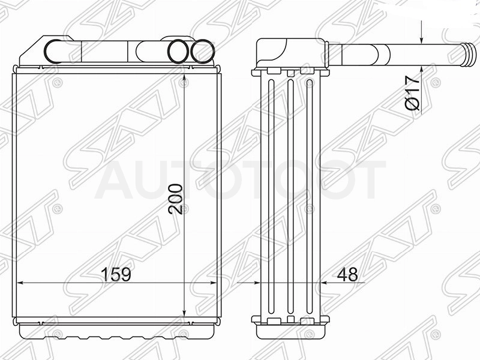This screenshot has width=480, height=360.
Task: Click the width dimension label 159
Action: click(x=116, y=274)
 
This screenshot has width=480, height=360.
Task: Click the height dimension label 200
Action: click(x=175, y=199)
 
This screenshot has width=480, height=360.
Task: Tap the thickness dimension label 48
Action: click(x=347, y=274)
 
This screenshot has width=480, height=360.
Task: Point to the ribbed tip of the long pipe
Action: click(x=469, y=54)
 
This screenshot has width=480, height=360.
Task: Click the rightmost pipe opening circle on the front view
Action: click(x=202, y=52)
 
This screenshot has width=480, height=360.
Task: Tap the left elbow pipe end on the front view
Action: click(x=53, y=52)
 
